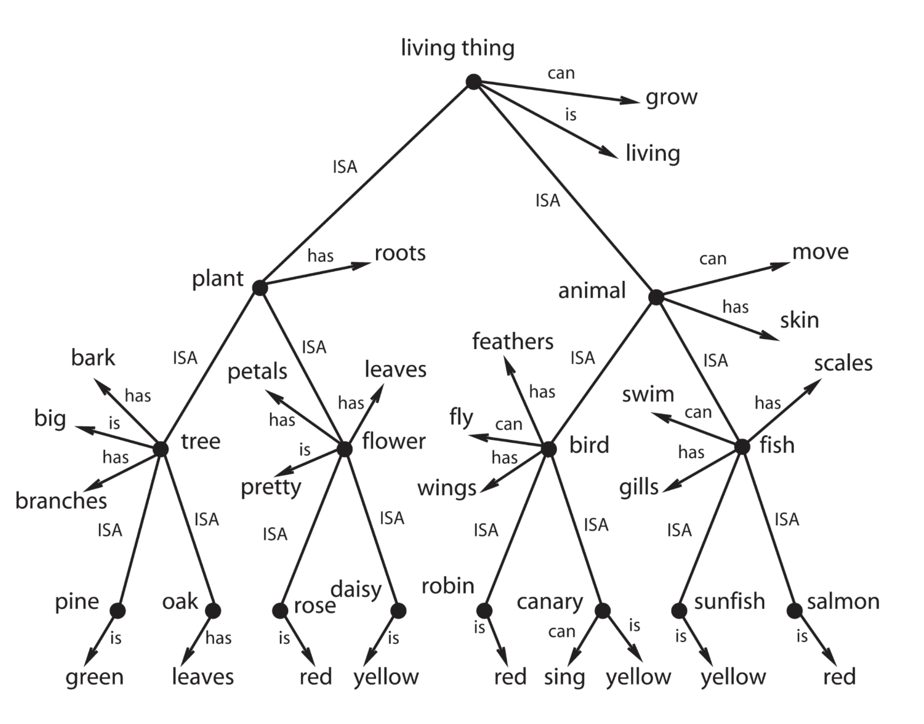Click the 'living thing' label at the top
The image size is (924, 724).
point(457,48)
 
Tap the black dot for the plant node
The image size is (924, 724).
point(259,287)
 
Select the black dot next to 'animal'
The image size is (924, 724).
point(656,297)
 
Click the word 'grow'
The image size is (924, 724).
point(671,97)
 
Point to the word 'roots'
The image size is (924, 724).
point(400,253)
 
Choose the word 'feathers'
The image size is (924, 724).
point(513,341)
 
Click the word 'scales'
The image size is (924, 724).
point(843,363)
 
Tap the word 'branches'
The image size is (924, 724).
point(61,501)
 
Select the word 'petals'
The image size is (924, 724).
point(258,371)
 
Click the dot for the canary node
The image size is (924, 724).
point(602,611)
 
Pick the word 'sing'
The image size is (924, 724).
point(564,677)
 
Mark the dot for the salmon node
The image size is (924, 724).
point(794,611)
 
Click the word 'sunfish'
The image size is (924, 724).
point(730,601)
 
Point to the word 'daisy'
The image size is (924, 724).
point(356,589)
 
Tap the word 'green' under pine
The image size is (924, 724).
point(94,677)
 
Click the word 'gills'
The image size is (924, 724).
point(639,488)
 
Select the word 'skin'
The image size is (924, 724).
point(800,320)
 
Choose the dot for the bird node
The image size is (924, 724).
point(549,449)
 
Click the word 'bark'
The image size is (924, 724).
point(93,357)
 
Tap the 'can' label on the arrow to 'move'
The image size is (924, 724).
point(712,259)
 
